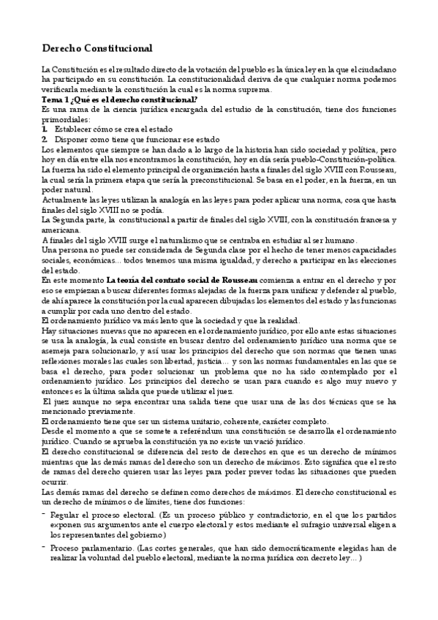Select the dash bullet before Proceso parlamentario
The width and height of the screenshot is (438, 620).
click(x=45, y=547)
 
